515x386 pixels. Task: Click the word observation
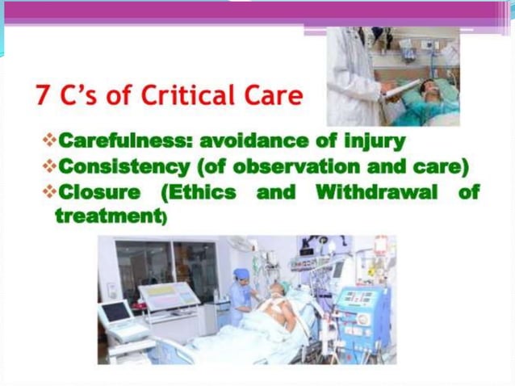pos(290,166)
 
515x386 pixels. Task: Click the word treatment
pos(107,216)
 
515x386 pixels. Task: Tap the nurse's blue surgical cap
pos(241,275)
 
